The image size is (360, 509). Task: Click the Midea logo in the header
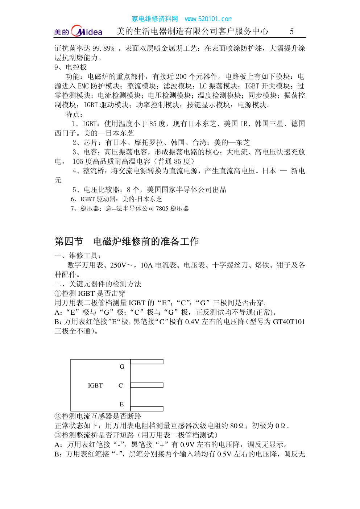click(x=79, y=31)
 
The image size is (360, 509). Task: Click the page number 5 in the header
click(x=291, y=32)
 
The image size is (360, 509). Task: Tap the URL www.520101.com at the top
click(x=208, y=19)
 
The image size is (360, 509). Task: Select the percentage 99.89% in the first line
click(x=103, y=49)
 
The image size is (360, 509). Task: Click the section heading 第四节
click(x=69, y=241)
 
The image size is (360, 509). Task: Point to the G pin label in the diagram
click(x=122, y=367)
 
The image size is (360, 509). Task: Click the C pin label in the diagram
click(x=121, y=386)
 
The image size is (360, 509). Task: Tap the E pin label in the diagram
click(x=121, y=405)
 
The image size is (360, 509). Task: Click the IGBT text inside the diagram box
click(x=95, y=386)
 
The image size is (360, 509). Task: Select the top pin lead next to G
click(x=147, y=362)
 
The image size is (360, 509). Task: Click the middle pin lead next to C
click(x=147, y=385)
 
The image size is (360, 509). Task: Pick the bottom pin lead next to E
click(x=147, y=409)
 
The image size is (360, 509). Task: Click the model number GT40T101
click(x=289, y=322)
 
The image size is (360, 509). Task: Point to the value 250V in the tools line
click(x=118, y=265)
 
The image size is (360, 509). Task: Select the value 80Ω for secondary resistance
click(x=237, y=426)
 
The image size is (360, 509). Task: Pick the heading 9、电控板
click(x=71, y=67)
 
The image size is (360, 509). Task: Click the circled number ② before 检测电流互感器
click(x=58, y=417)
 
